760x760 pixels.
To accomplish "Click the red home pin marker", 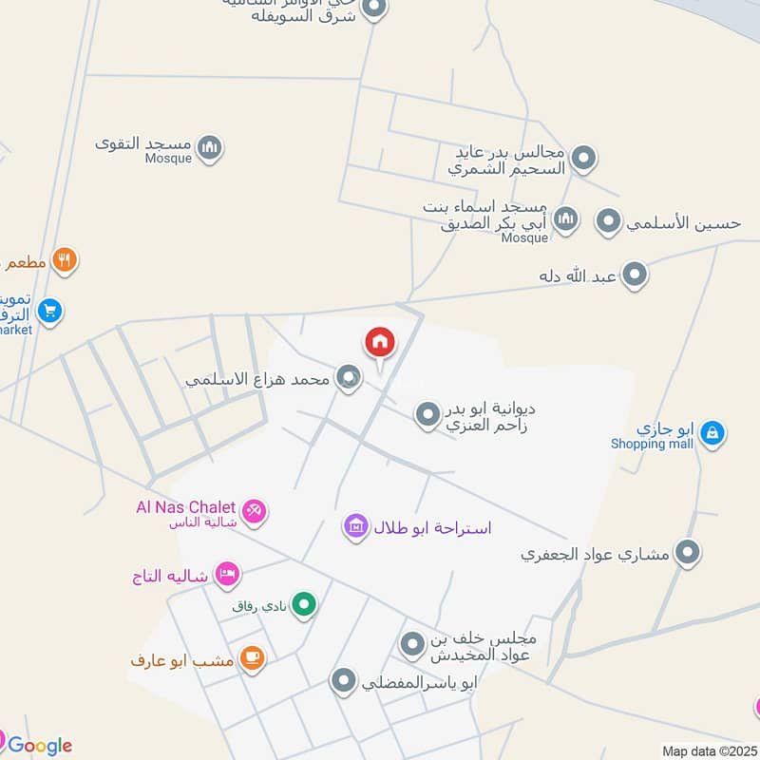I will [379, 343].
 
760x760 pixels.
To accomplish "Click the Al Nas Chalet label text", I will [184, 507].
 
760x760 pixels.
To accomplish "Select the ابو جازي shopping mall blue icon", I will [712, 434].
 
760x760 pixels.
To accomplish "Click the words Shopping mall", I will [652, 444].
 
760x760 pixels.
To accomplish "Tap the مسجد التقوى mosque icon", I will [211, 147].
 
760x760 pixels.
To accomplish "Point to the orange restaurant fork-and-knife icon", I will [64, 259].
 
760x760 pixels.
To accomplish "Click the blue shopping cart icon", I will [50, 310].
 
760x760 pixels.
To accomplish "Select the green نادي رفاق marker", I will [304, 603].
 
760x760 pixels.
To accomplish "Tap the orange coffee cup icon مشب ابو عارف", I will [252, 658].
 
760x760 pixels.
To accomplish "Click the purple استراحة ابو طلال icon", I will [356, 526].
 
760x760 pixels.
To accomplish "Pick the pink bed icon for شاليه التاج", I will [227, 574].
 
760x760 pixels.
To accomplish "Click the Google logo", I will [39, 746].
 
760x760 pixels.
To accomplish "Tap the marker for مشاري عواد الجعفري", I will [687, 553].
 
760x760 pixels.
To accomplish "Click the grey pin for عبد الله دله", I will [635, 276].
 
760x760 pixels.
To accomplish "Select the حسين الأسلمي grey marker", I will [608, 222].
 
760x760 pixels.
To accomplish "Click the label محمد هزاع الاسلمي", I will [257, 379].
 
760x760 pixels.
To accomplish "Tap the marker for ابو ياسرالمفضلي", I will [343, 680].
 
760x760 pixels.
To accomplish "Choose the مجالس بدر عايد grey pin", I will [583, 159].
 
